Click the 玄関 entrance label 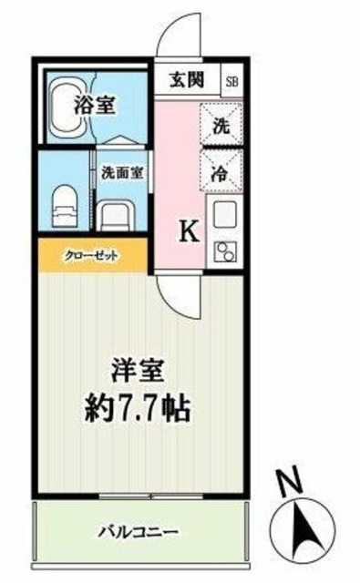(x=188, y=79)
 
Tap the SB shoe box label (x=231, y=79)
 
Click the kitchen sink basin (x=222, y=218)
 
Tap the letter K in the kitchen (x=189, y=231)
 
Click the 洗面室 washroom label (x=120, y=170)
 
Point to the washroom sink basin (x=118, y=217)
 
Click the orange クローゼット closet (x=92, y=255)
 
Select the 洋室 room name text (x=138, y=373)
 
